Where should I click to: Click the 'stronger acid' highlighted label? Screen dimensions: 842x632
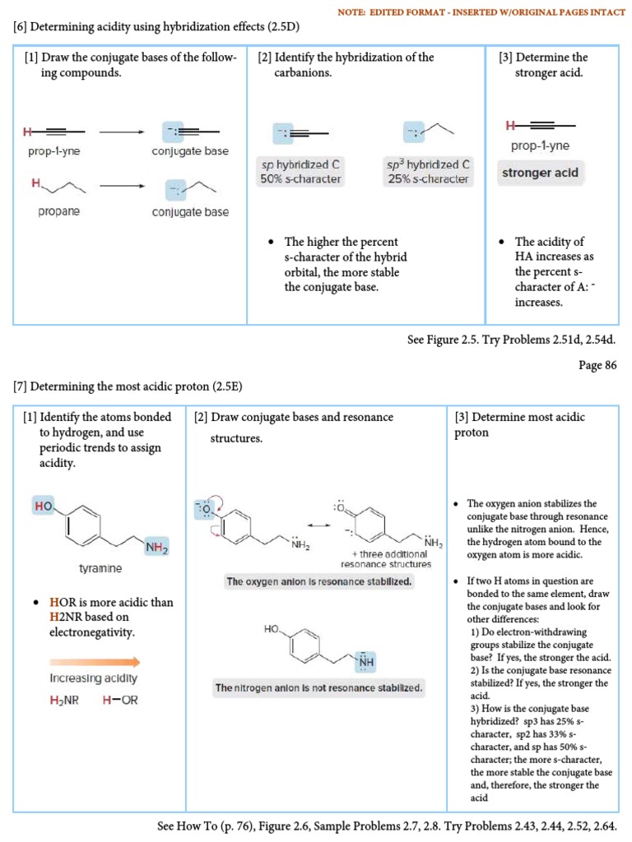[541, 173]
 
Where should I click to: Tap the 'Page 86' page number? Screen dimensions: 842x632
[597, 366]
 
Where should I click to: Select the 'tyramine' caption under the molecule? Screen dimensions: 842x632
[100, 568]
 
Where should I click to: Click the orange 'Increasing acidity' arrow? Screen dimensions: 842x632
[95, 661]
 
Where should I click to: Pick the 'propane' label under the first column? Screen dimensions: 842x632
[58, 211]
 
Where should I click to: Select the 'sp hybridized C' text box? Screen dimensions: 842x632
[300, 172]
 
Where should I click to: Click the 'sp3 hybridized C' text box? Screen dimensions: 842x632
[428, 172]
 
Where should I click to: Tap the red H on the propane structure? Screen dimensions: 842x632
[35, 183]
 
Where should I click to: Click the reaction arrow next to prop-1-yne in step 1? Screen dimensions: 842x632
[121, 132]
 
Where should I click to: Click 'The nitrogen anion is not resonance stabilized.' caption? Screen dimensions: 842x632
[318, 687]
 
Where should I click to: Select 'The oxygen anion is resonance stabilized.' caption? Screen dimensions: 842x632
[319, 581]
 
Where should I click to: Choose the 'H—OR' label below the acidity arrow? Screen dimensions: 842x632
[120, 701]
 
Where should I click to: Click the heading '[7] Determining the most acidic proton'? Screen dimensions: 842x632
[128, 386]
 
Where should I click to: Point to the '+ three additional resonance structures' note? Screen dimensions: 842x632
[386, 559]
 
